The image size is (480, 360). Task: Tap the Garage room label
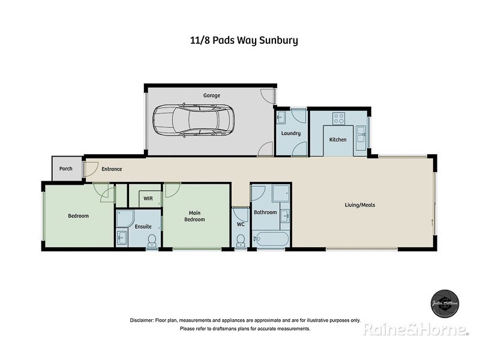point(211,95)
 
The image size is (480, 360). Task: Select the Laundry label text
point(290,133)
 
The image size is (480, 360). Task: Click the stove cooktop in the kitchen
point(338,118)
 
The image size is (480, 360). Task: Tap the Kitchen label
point(338,140)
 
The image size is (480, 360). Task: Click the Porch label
point(66,169)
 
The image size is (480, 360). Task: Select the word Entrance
point(112,169)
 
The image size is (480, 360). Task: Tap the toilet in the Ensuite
point(152,240)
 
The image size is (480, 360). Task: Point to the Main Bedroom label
point(194,216)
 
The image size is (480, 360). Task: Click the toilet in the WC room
point(241,240)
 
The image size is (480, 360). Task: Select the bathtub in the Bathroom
point(271,239)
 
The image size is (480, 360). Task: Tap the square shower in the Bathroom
point(280,194)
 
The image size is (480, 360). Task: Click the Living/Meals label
point(359,205)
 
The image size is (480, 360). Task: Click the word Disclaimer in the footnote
point(142,320)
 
